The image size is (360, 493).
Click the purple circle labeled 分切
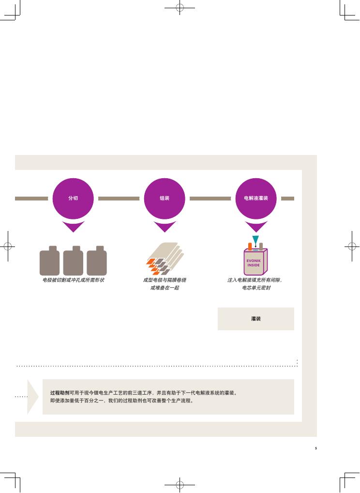[x=73, y=199]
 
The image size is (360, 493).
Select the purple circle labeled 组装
[x=165, y=199]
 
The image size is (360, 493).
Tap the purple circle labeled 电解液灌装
[x=255, y=199]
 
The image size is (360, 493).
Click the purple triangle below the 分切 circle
[x=73, y=226]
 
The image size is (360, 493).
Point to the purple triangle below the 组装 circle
[x=165, y=226]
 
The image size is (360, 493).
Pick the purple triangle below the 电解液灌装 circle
[x=256, y=226]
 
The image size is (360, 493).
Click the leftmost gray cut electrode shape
[x=50, y=261]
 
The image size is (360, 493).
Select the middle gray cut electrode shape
[x=73, y=261]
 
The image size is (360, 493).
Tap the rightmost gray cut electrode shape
[x=97, y=261]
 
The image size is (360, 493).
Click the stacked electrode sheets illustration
[x=165, y=259]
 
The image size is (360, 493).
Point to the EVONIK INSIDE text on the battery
[x=254, y=263]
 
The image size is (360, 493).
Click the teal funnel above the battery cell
[x=255, y=239]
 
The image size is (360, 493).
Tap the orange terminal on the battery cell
[x=250, y=246]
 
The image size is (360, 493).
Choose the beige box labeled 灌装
[x=255, y=319]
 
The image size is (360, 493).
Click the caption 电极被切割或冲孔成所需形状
[x=73, y=280]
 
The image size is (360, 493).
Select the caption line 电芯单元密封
[x=256, y=288]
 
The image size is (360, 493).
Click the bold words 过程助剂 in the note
[x=60, y=393]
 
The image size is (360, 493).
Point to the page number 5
[x=316, y=448]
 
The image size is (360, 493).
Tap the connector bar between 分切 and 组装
[x=119, y=199]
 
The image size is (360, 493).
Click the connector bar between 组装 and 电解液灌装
[x=210, y=199]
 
